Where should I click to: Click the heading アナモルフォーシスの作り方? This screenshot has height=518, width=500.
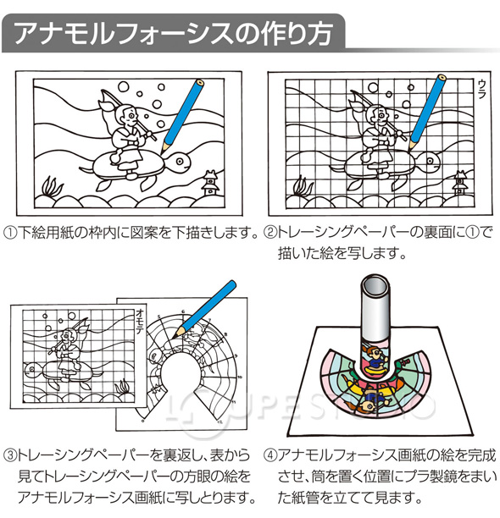coord(173,33)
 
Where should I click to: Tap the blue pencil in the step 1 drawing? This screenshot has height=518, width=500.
coord(182,116)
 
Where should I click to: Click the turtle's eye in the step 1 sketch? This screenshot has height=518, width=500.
coord(180,161)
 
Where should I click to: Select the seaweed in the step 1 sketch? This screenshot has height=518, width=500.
coord(53,187)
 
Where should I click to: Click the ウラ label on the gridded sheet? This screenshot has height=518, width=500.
coord(481,90)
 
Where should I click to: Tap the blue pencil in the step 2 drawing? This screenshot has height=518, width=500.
coord(427,112)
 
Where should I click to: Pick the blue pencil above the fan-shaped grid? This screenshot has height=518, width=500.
coord(204,309)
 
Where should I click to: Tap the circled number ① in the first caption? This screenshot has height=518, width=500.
coord(10,233)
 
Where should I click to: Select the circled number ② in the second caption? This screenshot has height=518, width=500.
coord(269,233)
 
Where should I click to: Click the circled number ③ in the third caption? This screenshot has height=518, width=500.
coord(10,455)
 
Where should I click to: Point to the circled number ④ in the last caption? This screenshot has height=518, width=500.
coord(270,455)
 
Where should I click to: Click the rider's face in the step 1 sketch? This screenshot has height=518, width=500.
coord(129,116)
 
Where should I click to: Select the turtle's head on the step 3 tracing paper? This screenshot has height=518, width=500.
coord(34,369)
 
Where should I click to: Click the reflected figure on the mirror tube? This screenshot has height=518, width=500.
coord(376,360)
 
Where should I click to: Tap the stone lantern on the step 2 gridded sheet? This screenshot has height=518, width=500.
coord(460,183)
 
